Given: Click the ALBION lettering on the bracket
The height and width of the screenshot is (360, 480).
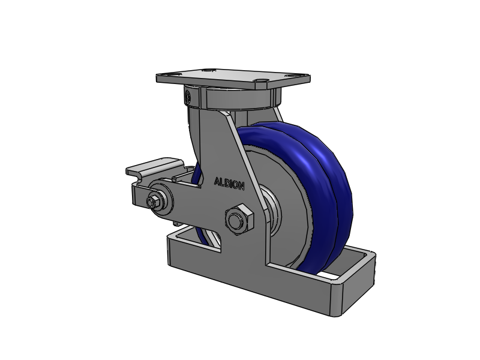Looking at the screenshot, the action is point(229,184).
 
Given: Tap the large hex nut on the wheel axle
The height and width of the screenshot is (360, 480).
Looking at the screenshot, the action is point(239,220).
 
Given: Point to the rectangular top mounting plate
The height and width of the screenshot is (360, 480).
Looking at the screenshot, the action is point(233,78).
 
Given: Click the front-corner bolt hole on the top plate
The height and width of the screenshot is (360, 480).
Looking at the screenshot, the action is point(261,80).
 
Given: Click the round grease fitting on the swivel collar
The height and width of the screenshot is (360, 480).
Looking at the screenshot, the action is point(187,96).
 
